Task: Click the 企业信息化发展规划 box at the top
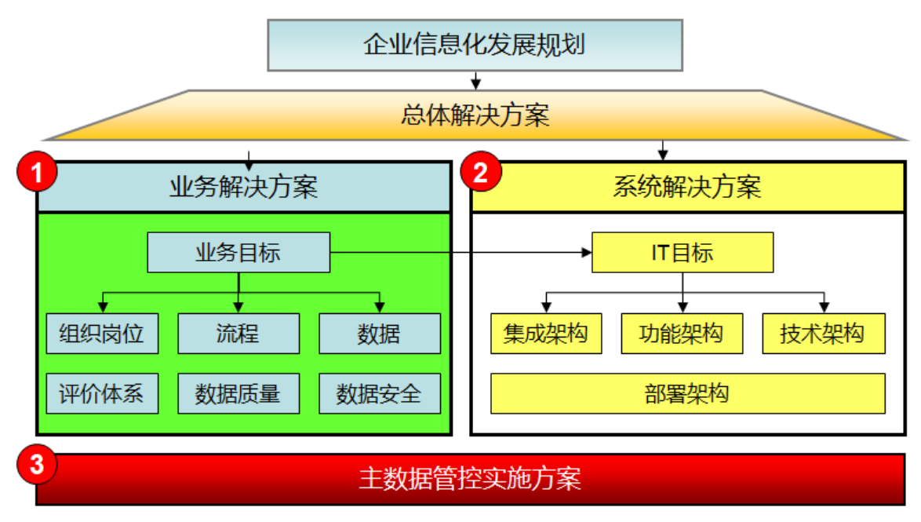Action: coord(475,46)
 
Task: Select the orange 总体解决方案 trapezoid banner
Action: coord(475,115)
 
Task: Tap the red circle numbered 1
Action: coord(37,172)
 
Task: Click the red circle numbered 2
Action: coord(480,172)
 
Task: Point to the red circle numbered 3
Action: coord(37,464)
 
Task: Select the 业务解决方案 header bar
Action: coord(244,187)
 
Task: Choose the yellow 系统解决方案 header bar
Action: coord(687,187)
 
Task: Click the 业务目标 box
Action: coord(238,252)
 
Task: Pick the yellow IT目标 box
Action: coord(683,252)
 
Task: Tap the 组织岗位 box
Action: coord(102,334)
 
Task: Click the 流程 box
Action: coord(238,334)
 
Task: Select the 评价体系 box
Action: coord(102,393)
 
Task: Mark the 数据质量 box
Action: coord(238,393)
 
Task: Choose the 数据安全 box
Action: coord(380,393)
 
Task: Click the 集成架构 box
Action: coord(546,334)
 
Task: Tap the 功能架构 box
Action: coord(682,334)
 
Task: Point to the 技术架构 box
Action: coord(824,334)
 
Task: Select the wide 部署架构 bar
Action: coord(688,393)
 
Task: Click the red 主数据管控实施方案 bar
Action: coord(470,479)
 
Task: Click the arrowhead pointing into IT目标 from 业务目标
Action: coord(586,252)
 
